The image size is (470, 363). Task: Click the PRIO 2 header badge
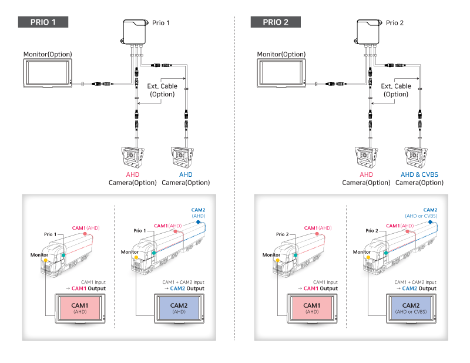pyautogui.click(x=275, y=22)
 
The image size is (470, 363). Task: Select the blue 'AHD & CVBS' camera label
pyautogui.click(x=419, y=175)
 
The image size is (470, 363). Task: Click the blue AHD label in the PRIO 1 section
pyautogui.click(x=186, y=175)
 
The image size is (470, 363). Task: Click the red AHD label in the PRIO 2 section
pyautogui.click(x=366, y=175)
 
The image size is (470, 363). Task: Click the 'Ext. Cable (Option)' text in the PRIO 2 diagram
pyautogui.click(x=395, y=90)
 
